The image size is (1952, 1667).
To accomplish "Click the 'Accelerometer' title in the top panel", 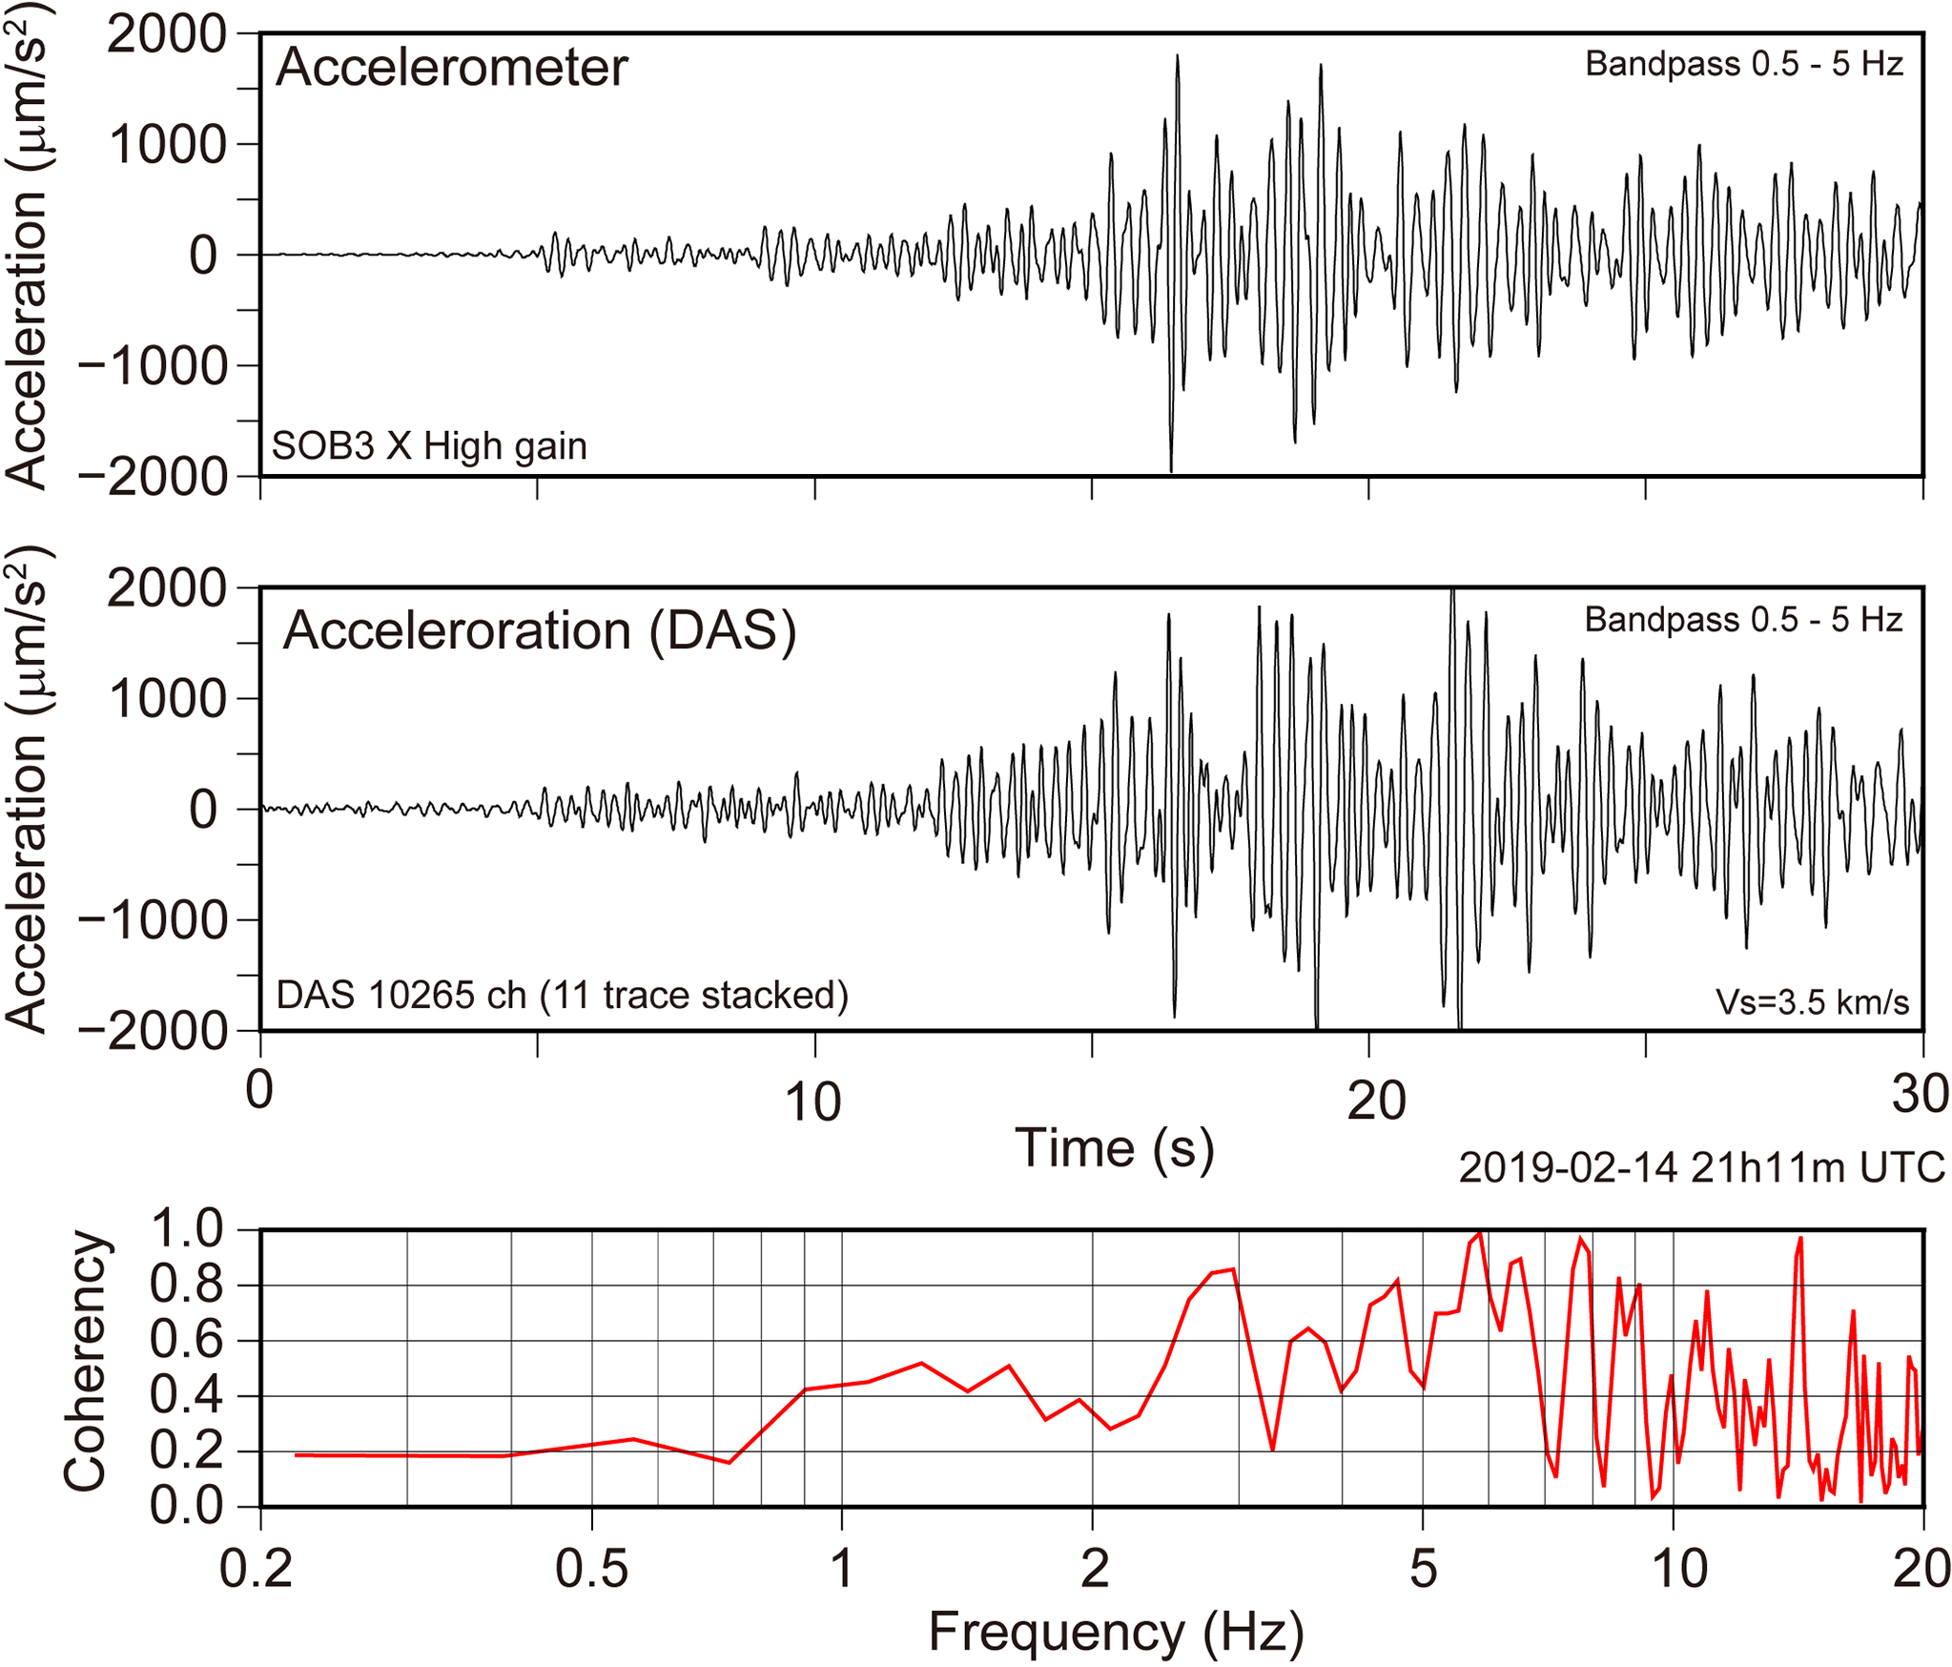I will click(451, 69).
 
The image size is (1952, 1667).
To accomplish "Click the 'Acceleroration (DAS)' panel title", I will click(540, 631).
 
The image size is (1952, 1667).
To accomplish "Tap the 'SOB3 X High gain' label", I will click(429, 446).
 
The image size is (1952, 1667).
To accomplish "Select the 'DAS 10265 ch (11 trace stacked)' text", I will click(562, 996).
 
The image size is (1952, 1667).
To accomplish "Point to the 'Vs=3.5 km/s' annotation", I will click(1812, 1002).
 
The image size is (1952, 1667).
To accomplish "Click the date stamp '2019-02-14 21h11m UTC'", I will click(1701, 1167).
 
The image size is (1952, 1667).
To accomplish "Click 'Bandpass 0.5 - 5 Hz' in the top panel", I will click(1744, 64).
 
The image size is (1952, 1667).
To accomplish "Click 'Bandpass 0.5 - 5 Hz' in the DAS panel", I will click(1743, 620).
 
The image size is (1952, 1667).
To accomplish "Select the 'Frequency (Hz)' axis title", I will click(1116, 1632).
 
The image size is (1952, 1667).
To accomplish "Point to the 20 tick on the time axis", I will click(1376, 1101).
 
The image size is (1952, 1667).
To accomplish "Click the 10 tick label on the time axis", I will click(812, 1101).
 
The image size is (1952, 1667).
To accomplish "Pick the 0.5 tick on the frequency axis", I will click(591, 1570).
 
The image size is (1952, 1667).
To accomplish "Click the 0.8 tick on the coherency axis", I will click(186, 1285).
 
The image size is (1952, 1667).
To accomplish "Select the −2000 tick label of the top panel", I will click(153, 477).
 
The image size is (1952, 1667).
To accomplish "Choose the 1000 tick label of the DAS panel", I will click(167, 699).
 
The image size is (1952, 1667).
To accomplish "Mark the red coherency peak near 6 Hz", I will click(1479, 1235).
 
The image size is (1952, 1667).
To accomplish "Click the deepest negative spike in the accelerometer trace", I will click(1171, 469).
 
